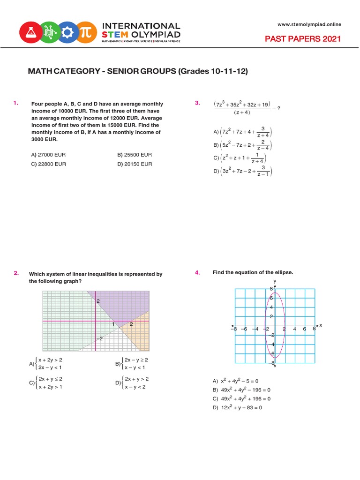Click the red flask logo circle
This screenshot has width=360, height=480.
(30, 32)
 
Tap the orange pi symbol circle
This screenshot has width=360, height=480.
(86, 32)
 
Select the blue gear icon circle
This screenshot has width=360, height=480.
(67, 32)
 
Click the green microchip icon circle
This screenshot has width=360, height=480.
(48, 32)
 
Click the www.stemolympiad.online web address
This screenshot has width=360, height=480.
(309, 24)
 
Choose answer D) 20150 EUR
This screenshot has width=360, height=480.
(135, 164)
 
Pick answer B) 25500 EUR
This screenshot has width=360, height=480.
(135, 155)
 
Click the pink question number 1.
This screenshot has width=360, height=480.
(16, 103)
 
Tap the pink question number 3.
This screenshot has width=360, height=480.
(197, 103)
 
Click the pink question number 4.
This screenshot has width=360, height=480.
(197, 272)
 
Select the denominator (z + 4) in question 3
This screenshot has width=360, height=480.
(241, 112)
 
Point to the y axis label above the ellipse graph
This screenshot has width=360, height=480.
(275, 281)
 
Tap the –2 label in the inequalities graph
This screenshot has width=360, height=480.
(99, 338)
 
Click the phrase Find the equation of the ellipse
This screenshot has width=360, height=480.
(253, 272)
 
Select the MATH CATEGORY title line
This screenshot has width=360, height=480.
(138, 72)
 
